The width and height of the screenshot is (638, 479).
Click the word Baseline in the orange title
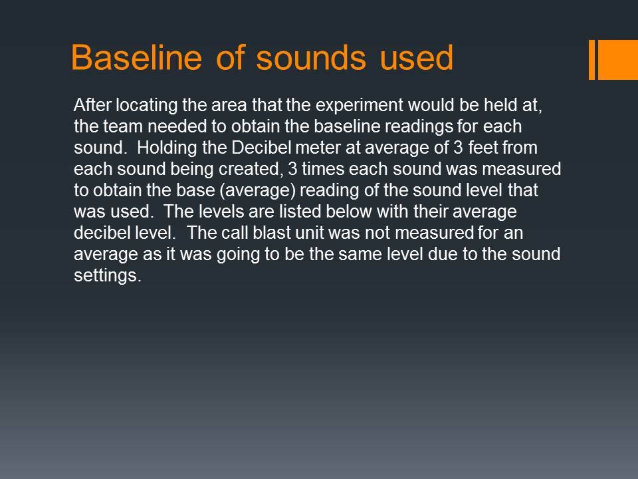pyautogui.click(x=136, y=57)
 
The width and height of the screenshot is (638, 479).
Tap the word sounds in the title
pyautogui.click(x=311, y=57)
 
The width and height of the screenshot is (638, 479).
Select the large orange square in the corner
pyautogui.click(x=617, y=59)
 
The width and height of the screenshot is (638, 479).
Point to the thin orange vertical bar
pyautogui.click(x=591, y=59)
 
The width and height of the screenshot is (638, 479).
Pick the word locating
pyautogui.click(x=146, y=106)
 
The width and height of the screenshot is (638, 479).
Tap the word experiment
pyautogui.click(x=360, y=106)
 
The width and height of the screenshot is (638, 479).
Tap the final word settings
pyautogui.click(x=108, y=275)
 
